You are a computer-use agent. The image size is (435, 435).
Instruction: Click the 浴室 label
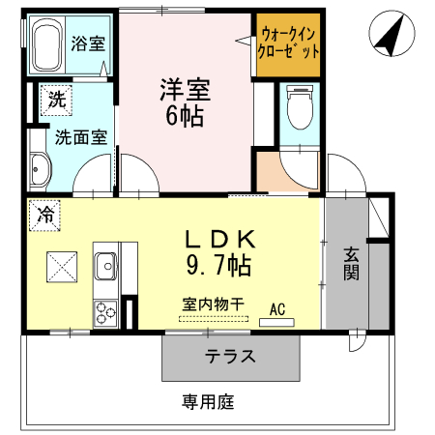point(89,43)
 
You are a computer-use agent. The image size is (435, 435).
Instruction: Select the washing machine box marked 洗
point(55,98)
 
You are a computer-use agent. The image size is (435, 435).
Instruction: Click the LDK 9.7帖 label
point(219,248)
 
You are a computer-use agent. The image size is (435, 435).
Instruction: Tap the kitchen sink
point(104,264)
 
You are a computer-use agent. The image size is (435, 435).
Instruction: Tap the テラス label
point(230,357)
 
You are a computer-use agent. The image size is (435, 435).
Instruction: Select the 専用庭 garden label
point(208,400)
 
